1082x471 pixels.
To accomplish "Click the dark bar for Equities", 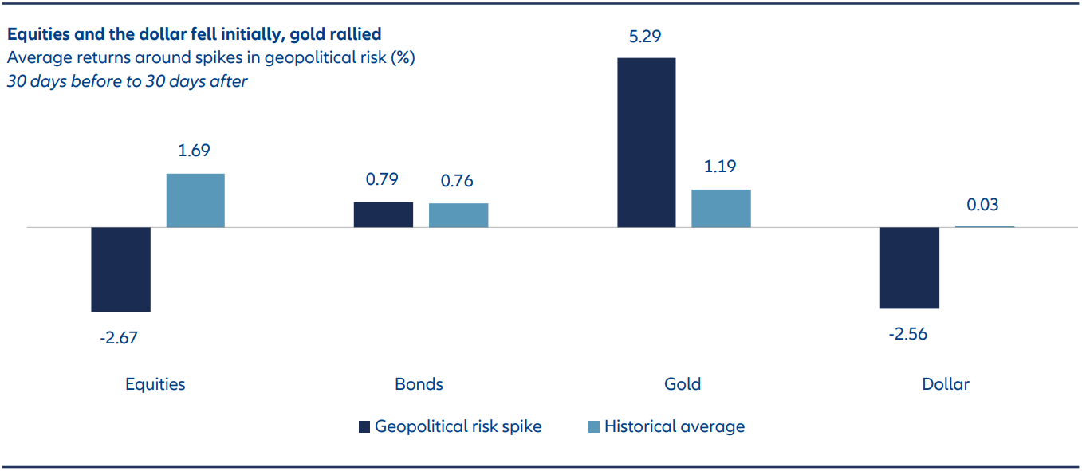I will tap(120, 269).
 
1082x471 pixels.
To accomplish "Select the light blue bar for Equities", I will tap(195, 200).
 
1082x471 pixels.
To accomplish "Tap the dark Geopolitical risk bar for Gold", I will tap(646, 143).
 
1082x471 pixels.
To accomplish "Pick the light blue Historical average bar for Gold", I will tap(721, 209).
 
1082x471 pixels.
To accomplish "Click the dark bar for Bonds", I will tap(383, 215).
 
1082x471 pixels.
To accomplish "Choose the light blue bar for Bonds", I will tap(458, 216).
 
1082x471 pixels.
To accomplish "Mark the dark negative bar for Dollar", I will tap(909, 268).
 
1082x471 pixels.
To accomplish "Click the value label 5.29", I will tap(646, 36).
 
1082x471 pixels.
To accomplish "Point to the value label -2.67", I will tap(119, 338).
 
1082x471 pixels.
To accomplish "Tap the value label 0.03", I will tap(982, 205).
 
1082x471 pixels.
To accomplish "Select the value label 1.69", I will tap(195, 151).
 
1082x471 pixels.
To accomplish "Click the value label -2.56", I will tap(908, 334).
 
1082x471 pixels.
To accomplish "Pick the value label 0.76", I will tap(457, 181).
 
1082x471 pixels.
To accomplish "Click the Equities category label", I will tap(155, 384).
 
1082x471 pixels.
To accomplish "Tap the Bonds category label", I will tap(419, 384).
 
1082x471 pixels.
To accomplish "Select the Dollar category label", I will tap(945, 384).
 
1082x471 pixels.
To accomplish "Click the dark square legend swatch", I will tap(364, 426).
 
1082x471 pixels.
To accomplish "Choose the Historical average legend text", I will tap(674, 426).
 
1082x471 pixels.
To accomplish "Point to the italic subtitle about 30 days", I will tap(128, 81).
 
